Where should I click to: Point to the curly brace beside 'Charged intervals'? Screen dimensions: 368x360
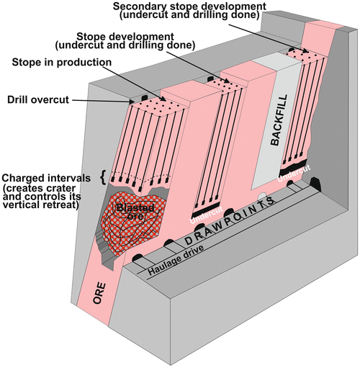107,174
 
